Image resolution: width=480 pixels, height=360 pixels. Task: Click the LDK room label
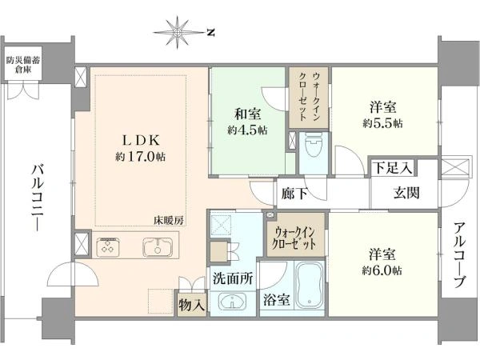point(141,141)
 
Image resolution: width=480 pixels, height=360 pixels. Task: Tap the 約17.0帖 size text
point(141,157)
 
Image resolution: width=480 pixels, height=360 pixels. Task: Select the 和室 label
point(248,114)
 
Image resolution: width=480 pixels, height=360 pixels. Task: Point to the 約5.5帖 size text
point(382,123)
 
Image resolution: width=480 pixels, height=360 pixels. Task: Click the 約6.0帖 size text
point(382,270)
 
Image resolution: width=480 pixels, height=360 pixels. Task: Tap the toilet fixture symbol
point(314,145)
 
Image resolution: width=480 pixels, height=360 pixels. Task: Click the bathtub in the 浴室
point(309,286)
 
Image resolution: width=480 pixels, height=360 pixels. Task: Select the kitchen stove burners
point(108,247)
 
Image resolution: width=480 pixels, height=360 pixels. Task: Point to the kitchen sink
point(158,246)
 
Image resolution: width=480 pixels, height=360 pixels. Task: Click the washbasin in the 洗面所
point(232,302)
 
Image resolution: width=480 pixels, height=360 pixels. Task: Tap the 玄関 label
point(406,193)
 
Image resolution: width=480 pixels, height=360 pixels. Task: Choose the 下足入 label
point(393,168)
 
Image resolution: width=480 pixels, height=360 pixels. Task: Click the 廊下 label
point(294,194)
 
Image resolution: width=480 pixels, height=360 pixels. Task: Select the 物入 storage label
point(192,305)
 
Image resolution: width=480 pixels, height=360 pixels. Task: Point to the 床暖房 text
point(169,221)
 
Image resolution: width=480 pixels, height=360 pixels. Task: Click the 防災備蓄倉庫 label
point(23,65)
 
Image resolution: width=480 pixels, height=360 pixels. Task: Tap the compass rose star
point(178,33)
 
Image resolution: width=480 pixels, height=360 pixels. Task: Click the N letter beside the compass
point(210,32)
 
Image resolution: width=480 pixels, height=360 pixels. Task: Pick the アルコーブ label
point(459,256)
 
